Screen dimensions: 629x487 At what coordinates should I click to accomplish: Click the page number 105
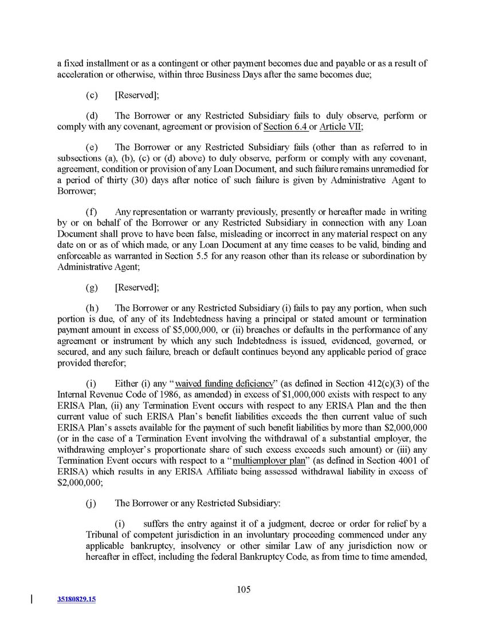244,590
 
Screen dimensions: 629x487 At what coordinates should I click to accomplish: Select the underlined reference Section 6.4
285,126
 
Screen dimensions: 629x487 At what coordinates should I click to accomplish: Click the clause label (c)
92,94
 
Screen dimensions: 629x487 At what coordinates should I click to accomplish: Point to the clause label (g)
92,287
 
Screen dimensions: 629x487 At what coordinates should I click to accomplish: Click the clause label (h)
92,307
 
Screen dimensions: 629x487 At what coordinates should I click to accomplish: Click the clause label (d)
92,116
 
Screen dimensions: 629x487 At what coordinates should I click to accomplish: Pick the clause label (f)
92,213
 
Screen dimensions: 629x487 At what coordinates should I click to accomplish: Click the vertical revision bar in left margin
31,599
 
